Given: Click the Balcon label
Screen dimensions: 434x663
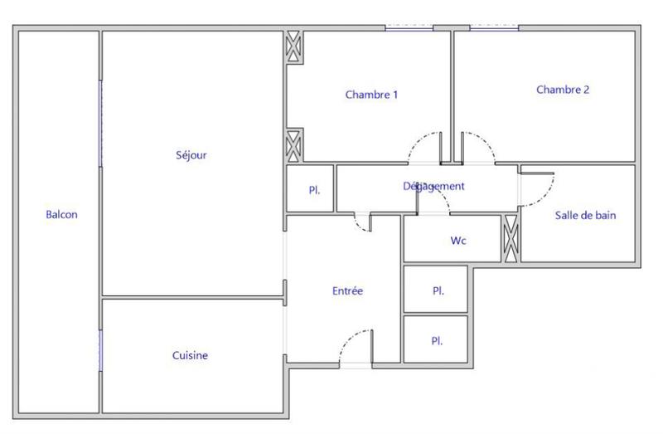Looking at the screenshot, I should pyautogui.click(x=61, y=215).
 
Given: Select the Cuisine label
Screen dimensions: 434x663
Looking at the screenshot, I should pyautogui.click(x=190, y=356).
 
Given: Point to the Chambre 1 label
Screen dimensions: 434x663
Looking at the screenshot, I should pyautogui.click(x=371, y=95).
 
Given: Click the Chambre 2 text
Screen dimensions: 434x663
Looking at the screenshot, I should pyautogui.click(x=562, y=90).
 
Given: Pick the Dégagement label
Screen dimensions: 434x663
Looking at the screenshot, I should pyautogui.click(x=433, y=187).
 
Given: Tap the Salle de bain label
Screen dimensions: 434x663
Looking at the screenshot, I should pyautogui.click(x=585, y=216).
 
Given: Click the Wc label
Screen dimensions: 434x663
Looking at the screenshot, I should pyautogui.click(x=457, y=241).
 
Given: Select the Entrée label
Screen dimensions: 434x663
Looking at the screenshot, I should pyautogui.click(x=347, y=291).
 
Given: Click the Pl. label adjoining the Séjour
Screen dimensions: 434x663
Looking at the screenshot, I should pyautogui.click(x=314, y=190).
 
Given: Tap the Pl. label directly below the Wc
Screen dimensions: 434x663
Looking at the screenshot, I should pyautogui.click(x=438, y=291).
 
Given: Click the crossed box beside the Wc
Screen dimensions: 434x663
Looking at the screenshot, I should pyautogui.click(x=511, y=238).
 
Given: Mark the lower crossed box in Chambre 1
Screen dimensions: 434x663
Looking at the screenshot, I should pyautogui.click(x=293, y=145).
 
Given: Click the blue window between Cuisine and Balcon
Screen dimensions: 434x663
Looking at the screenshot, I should pyautogui.click(x=100, y=349).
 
